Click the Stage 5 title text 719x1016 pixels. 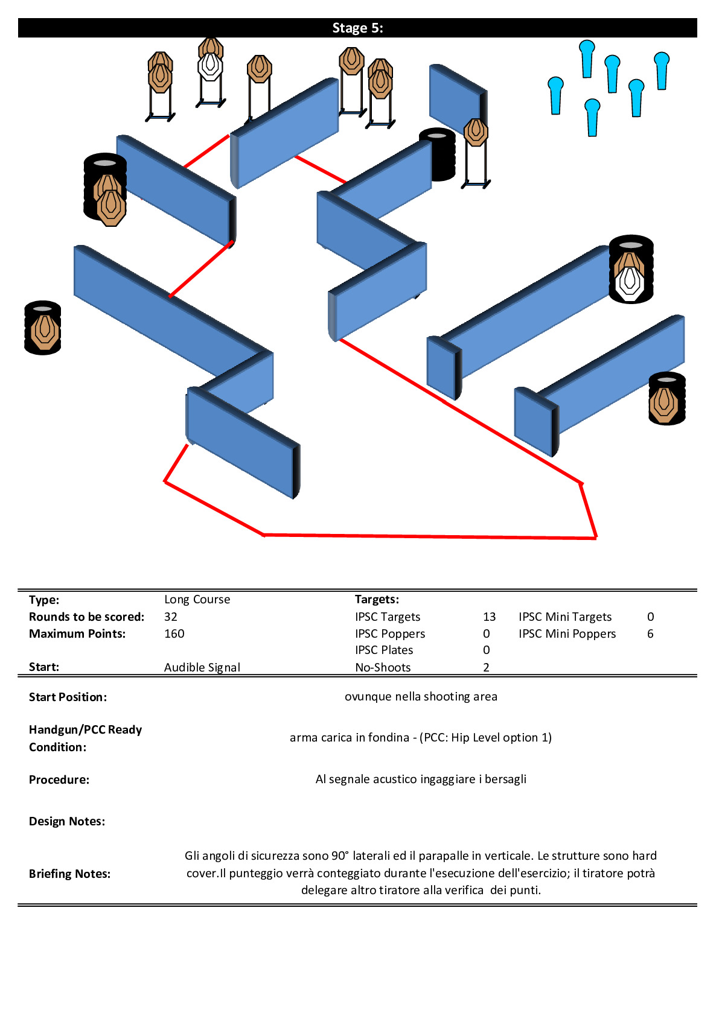coord(357,28)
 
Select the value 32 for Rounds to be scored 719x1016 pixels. coord(171,617)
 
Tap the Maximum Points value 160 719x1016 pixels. coord(174,633)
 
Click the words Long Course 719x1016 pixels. coord(197,600)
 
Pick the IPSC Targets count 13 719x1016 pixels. coord(490,617)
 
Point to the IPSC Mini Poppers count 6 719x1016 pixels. coord(650,633)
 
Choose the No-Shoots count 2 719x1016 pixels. coord(486,667)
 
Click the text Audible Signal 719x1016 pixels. coord(202,668)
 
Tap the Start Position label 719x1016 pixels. coord(68,697)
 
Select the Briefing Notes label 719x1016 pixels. coord(70,874)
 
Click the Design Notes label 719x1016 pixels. coord(67,821)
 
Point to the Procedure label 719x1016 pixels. coord(59,779)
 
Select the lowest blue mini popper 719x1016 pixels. coord(592,118)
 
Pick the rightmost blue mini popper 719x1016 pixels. coord(662,71)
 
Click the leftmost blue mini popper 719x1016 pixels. coord(555,95)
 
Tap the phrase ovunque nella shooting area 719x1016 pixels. coord(421,697)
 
